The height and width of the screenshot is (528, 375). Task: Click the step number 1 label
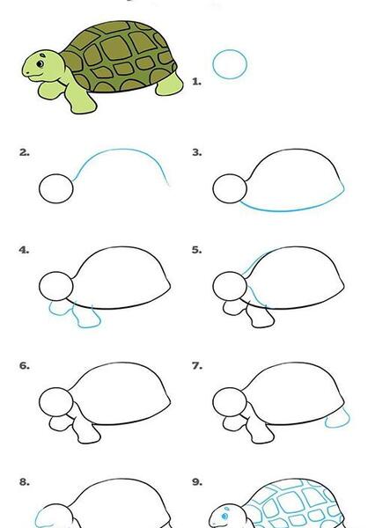point(197,82)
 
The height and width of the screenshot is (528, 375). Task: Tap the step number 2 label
point(25,152)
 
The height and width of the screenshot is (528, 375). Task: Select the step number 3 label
point(197,152)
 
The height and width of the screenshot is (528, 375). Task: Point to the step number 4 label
point(25,250)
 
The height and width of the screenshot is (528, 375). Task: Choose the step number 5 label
point(197,250)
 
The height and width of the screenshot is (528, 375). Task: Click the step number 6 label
point(25,366)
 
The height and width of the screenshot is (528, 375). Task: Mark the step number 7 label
point(197,366)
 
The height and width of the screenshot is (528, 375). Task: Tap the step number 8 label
point(25,482)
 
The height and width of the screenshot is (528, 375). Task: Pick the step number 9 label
point(197,482)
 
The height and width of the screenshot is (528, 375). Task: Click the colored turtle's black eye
point(40,63)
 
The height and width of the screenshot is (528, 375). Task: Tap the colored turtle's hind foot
point(170,84)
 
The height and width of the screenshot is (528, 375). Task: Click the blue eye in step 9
point(224,517)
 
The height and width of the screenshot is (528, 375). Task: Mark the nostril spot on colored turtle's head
point(43,55)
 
